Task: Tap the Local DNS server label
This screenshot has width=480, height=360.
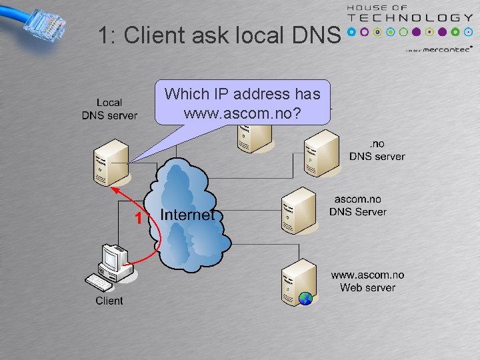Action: click(109, 109)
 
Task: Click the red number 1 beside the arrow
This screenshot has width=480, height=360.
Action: click(138, 218)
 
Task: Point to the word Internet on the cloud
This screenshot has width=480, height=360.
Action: click(188, 215)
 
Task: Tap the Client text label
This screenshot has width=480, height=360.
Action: click(109, 301)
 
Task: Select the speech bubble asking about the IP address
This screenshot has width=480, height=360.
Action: click(242, 104)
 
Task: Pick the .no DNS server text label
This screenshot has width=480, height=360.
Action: click(377, 150)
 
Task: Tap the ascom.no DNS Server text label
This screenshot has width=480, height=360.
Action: click(358, 205)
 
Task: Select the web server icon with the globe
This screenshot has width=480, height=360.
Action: click(297, 280)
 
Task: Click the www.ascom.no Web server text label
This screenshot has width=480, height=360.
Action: click(367, 281)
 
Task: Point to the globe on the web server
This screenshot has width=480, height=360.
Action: click(305, 298)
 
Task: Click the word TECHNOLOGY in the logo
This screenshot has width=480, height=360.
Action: click(413, 18)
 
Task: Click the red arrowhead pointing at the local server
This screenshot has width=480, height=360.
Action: click(114, 189)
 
